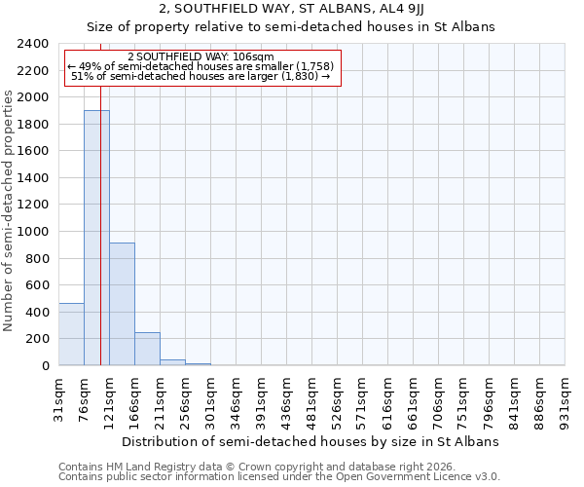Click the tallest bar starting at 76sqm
[96, 238]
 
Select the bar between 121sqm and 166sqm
[122, 304]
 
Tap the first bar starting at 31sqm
[71, 334]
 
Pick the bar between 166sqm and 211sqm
[147, 349]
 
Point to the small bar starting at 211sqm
[172, 362]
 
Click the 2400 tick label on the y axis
[34, 44]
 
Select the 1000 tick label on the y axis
[34, 232]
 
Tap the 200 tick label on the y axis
[38, 339]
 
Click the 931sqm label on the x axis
[566, 399]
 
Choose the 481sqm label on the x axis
[312, 399]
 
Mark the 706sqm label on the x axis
[439, 399]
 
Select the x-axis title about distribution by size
[311, 441]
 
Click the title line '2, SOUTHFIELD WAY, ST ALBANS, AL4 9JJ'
[291, 10]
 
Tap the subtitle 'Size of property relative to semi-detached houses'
[291, 27]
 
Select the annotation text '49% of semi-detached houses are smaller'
[201, 66]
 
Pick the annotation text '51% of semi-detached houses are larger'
[201, 76]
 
